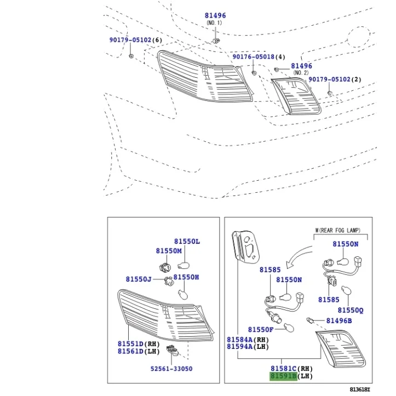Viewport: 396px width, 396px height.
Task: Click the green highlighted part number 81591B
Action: (283, 377)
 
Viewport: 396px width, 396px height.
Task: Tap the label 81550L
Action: (187, 242)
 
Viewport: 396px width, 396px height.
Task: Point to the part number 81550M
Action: (168, 251)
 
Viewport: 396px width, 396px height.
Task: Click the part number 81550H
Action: (186, 278)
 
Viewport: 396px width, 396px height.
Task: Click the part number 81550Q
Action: (350, 310)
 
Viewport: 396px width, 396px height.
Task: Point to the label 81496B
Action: (339, 320)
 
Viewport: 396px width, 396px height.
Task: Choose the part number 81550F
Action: (260, 329)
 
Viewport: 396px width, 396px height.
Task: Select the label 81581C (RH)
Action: (291, 369)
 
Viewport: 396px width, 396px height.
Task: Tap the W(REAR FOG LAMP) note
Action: (338, 231)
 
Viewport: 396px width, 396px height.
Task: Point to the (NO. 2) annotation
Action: (301, 73)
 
